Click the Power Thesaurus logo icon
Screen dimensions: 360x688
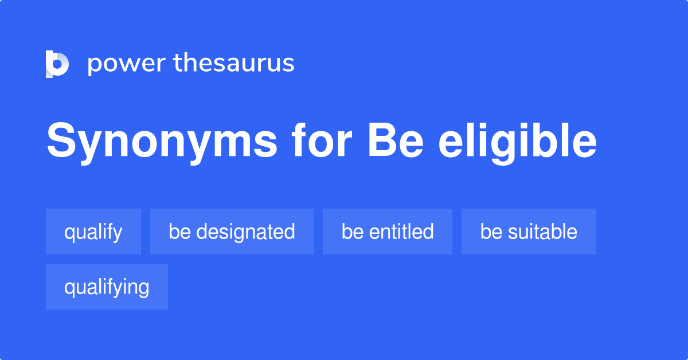click(x=57, y=64)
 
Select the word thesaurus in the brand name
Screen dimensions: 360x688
click(x=234, y=64)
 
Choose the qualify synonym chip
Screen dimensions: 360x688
click(x=93, y=232)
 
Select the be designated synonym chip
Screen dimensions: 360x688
click(x=232, y=232)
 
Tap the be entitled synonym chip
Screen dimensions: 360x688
click(x=388, y=232)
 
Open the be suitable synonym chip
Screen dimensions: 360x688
click(x=529, y=232)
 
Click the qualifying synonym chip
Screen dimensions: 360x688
click(x=107, y=287)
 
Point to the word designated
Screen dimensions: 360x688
click(x=245, y=232)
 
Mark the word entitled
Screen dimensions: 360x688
click(x=401, y=232)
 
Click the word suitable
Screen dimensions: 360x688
click(x=542, y=232)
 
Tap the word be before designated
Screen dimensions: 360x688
click(x=179, y=232)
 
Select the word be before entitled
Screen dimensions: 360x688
click(x=352, y=232)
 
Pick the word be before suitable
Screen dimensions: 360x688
click(x=491, y=232)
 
